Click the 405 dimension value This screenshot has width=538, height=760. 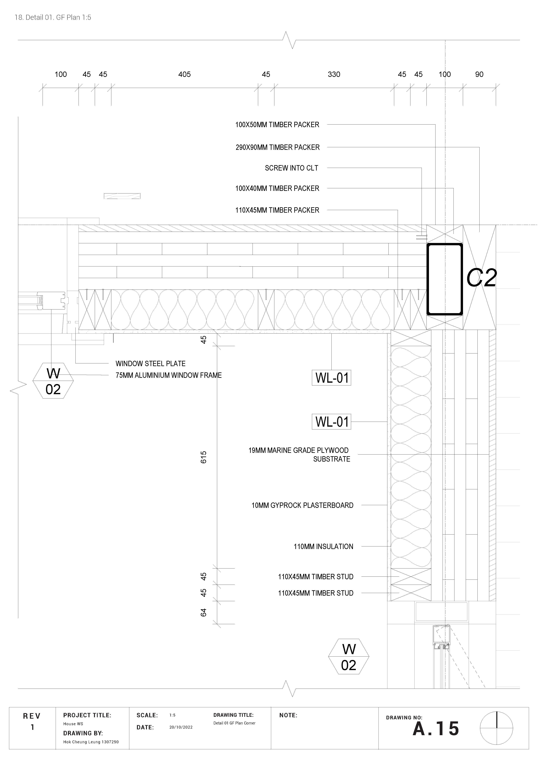pyautogui.click(x=184, y=74)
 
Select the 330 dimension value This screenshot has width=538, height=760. pyautogui.click(x=334, y=74)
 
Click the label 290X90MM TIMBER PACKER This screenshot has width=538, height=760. pyautogui.click(x=278, y=147)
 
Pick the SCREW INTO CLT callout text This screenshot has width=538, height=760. pyautogui.click(x=292, y=168)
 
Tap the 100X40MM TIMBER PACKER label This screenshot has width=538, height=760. pyautogui.click(x=277, y=188)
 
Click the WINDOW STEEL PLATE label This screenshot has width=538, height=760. pyautogui.click(x=150, y=363)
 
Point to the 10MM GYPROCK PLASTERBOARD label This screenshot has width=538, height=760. pyautogui.click(x=302, y=505)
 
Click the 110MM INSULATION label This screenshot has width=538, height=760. pyautogui.click(x=323, y=546)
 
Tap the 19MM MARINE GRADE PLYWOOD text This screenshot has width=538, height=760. pyautogui.click(x=298, y=451)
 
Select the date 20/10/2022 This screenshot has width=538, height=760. pyautogui.click(x=181, y=727)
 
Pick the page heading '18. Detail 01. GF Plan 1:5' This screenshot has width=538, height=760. pyautogui.click(x=53, y=18)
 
